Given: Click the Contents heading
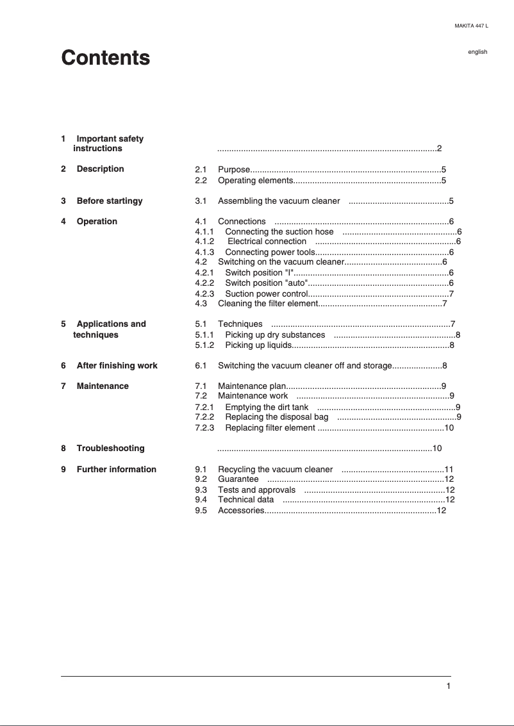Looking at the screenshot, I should pos(106,58).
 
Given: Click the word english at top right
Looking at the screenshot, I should pos(477,52).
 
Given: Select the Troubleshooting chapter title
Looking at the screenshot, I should pos(110,448).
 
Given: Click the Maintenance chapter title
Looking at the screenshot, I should pos(103,386).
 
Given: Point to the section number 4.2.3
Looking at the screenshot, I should pos(204,293).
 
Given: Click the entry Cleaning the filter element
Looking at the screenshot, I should pos(268,303).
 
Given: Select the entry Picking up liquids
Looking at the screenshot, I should pos(258,345).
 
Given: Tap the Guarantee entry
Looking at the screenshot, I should pos(238,479).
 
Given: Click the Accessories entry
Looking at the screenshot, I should pos(241,510).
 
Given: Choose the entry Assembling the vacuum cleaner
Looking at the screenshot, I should pos(279,201).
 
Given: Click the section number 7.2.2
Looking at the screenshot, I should pos(204,417).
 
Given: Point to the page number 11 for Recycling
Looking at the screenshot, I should pos(449,469).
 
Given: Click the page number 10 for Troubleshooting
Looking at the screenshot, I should pos(438,448).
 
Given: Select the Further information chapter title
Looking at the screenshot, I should pos(116,469).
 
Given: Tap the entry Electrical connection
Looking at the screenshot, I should pos(267,242).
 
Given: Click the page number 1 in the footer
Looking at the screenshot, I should pos(449,686).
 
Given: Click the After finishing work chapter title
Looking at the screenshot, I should pos(117,365).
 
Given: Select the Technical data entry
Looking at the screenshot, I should pos(245,499).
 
